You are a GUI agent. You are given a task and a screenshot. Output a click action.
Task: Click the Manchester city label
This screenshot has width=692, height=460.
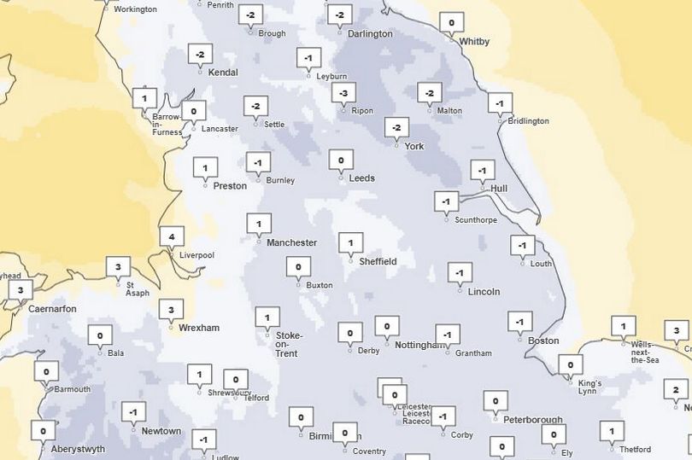coord(291,242)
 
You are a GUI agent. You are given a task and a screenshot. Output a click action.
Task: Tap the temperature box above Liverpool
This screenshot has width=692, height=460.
coord(172,236)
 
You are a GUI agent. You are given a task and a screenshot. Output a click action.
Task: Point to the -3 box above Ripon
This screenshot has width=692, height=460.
coord(343,92)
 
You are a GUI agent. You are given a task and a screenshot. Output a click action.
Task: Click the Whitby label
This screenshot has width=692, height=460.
coord(474,41)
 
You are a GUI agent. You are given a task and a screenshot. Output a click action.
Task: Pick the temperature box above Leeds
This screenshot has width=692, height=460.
coord(341,160)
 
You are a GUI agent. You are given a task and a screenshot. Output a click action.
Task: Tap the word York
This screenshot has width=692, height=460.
coord(413,146)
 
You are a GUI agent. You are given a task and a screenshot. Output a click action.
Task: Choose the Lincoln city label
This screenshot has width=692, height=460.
coord(484,291)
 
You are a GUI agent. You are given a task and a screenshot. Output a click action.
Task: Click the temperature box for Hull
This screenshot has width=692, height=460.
coord(483,170)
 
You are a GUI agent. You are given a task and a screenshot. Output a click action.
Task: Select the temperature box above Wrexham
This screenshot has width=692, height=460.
coord(171,309)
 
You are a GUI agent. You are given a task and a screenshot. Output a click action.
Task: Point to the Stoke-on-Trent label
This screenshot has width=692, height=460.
coord(287,344)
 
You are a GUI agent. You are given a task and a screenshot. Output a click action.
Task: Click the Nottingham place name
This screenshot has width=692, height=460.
coord(420,345)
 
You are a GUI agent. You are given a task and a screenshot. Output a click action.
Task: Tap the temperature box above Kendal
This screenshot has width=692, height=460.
coord(200,55)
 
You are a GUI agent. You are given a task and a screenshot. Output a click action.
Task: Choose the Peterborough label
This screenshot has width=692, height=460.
coord(532,419)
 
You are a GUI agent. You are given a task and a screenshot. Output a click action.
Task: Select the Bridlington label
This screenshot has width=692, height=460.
coord(528,121)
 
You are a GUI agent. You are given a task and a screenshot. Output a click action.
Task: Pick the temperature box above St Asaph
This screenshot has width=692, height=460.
coord(118,267)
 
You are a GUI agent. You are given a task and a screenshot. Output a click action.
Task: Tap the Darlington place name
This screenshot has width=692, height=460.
coord(371,34)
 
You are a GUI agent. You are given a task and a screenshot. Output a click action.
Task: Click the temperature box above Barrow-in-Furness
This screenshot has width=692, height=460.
coord(144,97)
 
